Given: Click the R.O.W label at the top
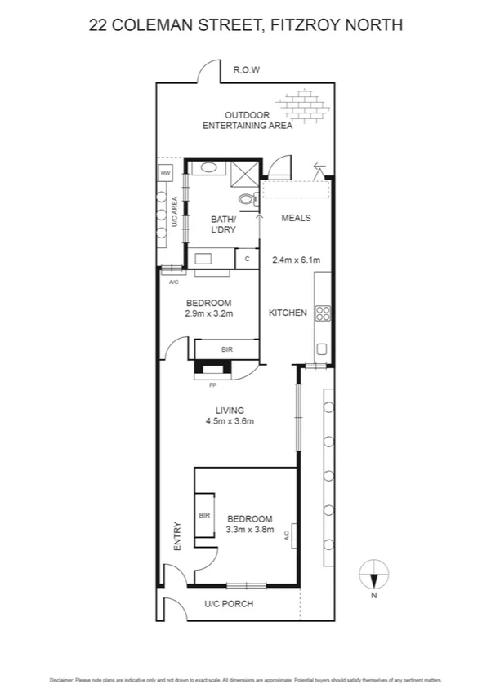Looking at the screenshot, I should (x=246, y=70).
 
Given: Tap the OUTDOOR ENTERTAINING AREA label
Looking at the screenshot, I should (x=247, y=120).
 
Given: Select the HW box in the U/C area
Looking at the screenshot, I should (x=165, y=173).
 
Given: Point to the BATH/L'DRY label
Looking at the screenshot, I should (x=223, y=224).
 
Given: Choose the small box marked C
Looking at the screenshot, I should (x=248, y=259).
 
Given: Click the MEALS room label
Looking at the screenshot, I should (x=296, y=218).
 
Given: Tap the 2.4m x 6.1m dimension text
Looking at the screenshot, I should (x=295, y=260).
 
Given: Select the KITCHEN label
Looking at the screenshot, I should (x=288, y=313).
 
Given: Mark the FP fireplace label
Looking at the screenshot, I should (x=213, y=384).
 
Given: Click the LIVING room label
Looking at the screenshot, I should (x=230, y=411).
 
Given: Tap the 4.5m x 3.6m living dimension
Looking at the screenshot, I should (x=230, y=422).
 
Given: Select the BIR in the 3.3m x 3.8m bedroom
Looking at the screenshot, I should (x=204, y=516).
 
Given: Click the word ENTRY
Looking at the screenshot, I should (x=176, y=535).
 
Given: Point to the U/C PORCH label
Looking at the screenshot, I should (x=229, y=605).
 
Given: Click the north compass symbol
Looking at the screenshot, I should (x=373, y=575).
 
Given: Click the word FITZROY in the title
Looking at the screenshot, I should (x=301, y=25).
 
